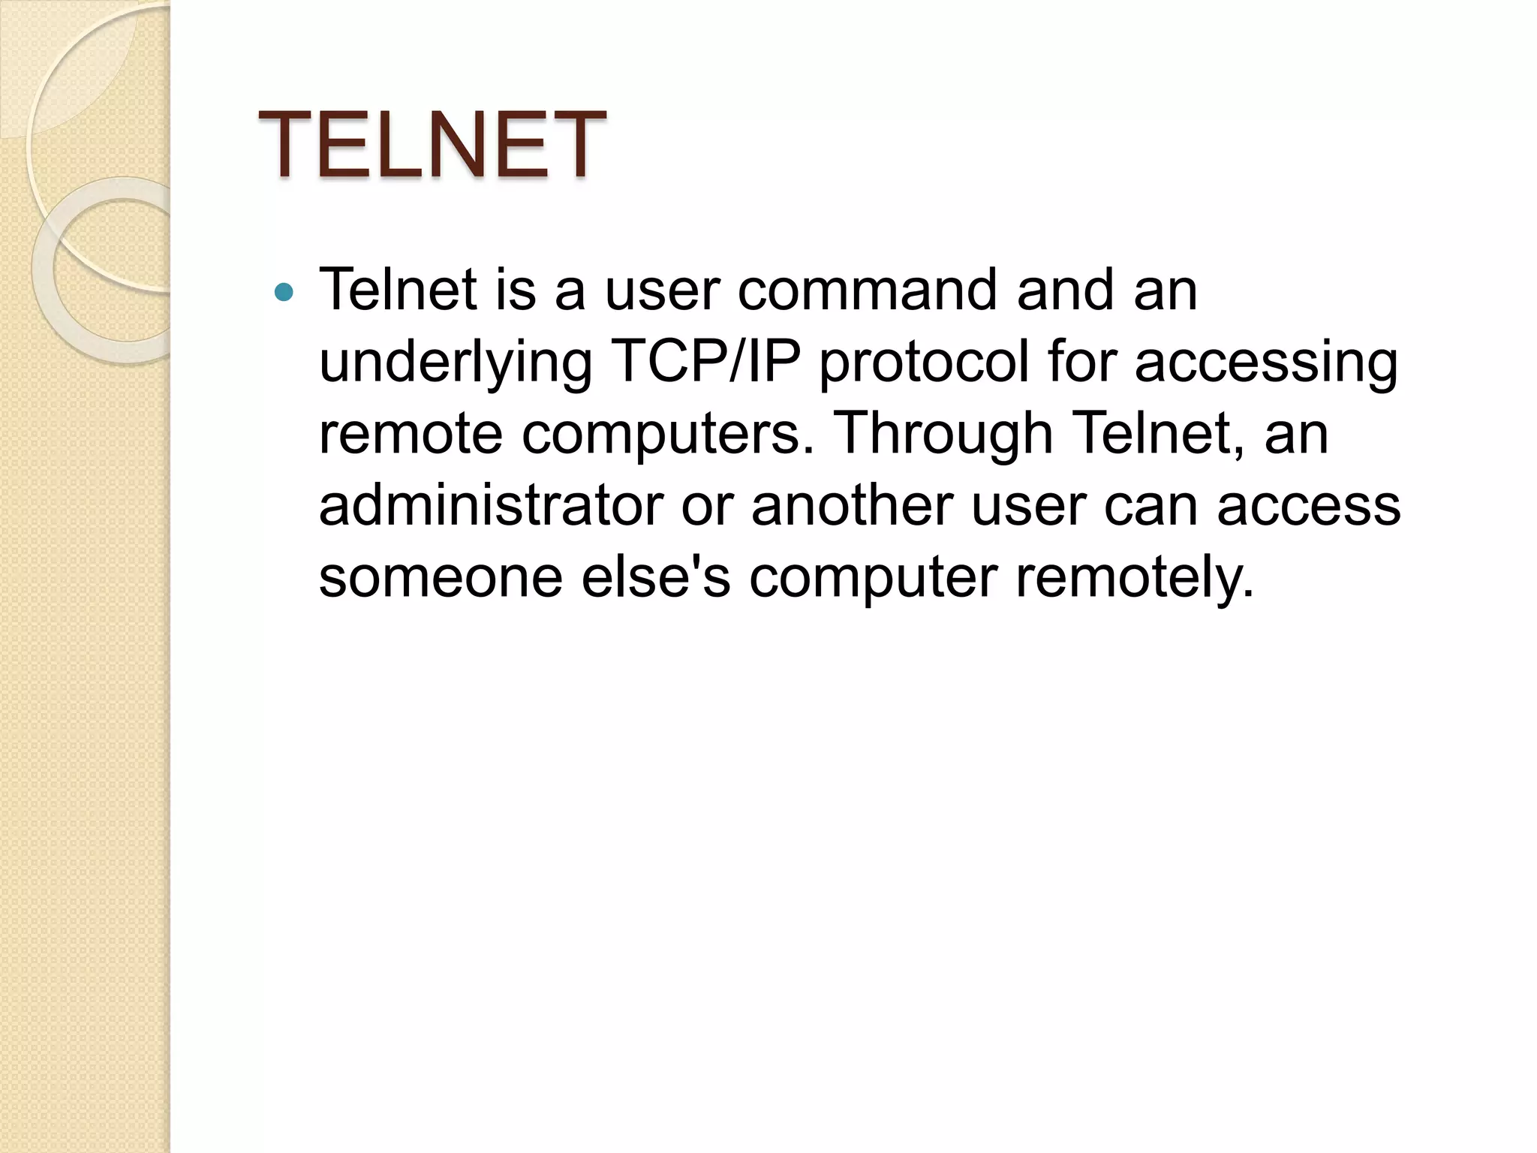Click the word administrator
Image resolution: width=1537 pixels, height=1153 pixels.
coord(491,506)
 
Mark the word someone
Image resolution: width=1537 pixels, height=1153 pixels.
coord(441,578)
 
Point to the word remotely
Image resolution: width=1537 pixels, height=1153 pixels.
coord(1134,578)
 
